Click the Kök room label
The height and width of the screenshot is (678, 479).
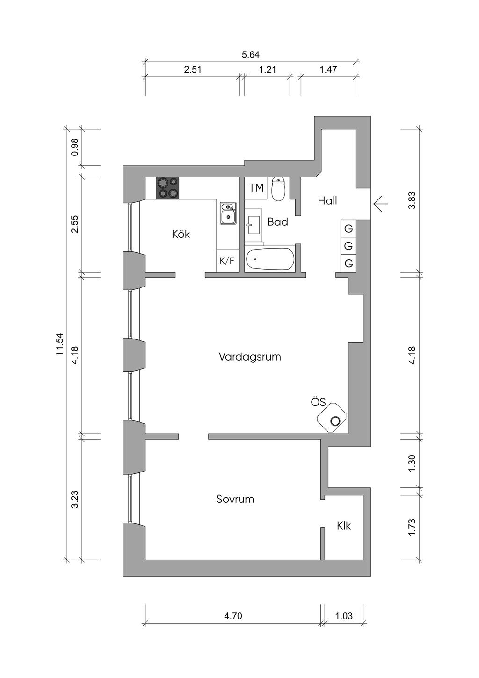[181, 234]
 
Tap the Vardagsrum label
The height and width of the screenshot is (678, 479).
[250, 357]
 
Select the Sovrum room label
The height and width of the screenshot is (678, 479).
[235, 499]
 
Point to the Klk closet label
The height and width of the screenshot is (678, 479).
[344, 526]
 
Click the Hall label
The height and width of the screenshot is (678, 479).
[327, 200]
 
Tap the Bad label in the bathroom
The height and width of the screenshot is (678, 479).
[277, 222]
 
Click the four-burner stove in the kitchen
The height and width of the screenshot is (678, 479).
[167, 188]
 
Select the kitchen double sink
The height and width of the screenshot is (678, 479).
[228, 213]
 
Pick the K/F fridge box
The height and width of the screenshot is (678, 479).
[227, 260]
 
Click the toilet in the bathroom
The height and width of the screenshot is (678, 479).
[278, 189]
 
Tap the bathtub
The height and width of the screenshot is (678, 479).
[270, 259]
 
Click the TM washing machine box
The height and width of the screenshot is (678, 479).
[256, 188]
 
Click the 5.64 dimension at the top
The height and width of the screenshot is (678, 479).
[251, 55]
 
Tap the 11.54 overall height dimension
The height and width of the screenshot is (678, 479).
[60, 344]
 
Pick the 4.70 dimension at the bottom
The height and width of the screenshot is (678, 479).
[233, 616]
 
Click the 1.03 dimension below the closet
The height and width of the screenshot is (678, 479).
[344, 616]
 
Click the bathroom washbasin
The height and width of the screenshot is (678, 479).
[254, 225]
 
